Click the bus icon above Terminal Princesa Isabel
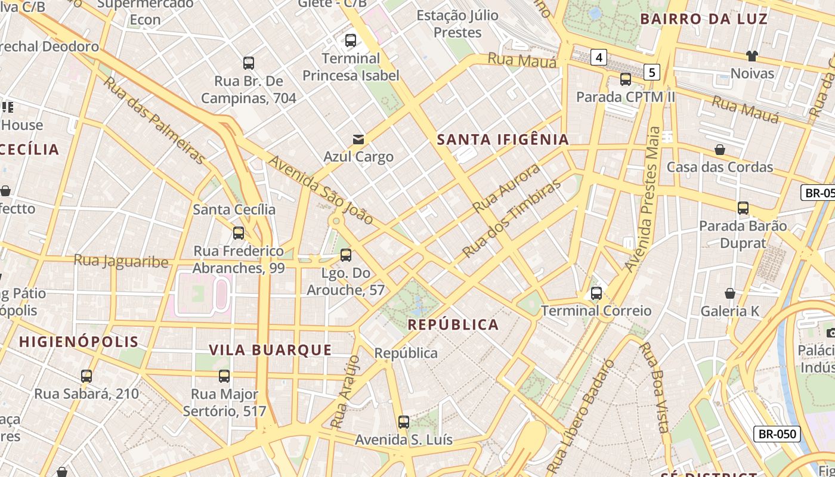point(351,41)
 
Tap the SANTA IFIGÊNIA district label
point(503,140)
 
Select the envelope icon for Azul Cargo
point(358,140)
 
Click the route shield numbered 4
point(599,58)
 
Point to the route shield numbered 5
point(652,72)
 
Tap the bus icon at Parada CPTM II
point(626,79)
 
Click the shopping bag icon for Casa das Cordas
point(720,150)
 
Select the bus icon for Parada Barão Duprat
point(743,208)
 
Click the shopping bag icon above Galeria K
point(729,293)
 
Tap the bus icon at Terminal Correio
point(596,293)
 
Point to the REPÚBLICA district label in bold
point(453,325)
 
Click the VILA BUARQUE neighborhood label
point(270,350)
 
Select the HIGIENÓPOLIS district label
point(79,342)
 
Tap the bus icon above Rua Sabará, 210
point(86,376)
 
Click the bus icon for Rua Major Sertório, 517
point(224,376)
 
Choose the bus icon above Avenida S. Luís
point(404,422)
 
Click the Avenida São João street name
point(320,190)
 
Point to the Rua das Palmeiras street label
point(154,120)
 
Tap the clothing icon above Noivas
point(752,56)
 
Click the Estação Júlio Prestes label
point(457,24)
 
